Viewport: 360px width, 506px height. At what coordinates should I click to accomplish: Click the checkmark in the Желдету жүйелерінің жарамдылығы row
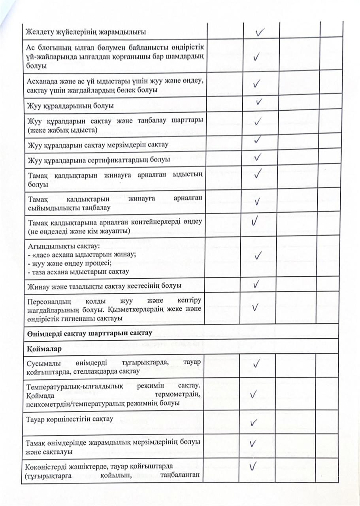[260, 31]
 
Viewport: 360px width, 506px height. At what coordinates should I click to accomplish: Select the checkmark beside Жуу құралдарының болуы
[259, 102]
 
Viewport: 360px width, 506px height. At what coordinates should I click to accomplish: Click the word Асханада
[41, 83]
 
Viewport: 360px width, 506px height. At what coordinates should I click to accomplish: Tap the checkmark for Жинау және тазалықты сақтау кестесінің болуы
[256, 283]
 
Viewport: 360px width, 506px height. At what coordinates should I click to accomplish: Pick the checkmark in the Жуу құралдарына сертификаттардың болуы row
[258, 157]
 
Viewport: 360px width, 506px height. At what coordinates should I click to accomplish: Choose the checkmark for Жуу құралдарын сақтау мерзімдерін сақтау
[257, 140]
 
